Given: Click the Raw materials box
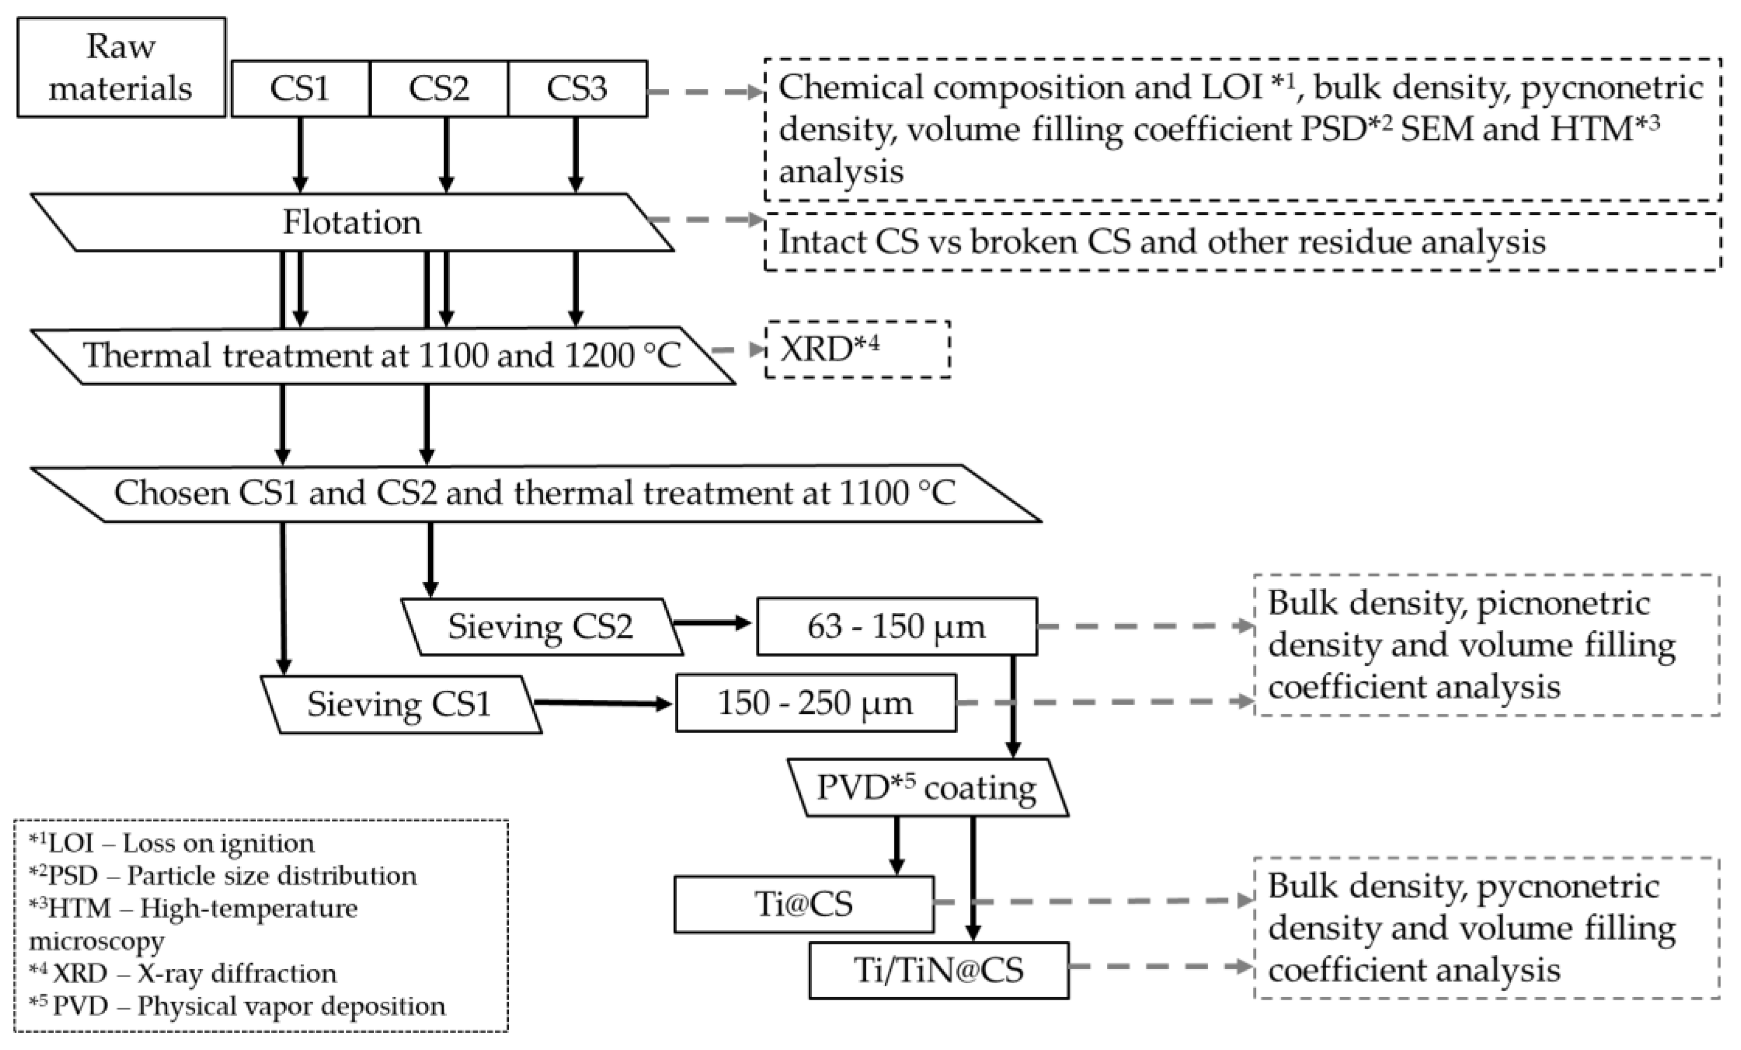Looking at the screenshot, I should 121,67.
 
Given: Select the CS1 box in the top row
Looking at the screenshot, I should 300,89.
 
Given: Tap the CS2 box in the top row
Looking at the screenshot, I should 438,89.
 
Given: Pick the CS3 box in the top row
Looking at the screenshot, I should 577,89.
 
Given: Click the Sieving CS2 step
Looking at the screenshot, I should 541,627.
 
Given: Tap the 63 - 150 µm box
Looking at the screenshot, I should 896,627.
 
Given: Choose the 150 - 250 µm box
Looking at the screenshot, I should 815,703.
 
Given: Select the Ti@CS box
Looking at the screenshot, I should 803,905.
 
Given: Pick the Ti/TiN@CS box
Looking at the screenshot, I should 939,970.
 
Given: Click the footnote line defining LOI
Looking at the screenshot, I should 172,843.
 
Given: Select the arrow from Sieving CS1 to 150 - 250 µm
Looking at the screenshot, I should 602,703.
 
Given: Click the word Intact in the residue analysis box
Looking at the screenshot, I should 822,242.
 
